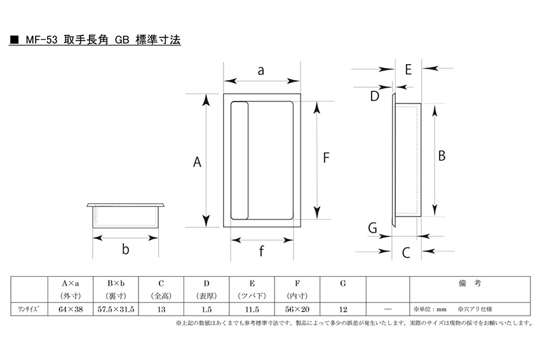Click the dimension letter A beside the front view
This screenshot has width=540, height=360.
point(197,162)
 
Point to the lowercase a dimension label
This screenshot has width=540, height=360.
point(261,70)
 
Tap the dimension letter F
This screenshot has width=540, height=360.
point(326,157)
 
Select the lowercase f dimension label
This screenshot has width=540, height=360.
point(261,251)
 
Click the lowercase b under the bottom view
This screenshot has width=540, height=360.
point(126,248)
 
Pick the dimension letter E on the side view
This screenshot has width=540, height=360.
point(408,69)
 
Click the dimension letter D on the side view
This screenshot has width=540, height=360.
point(375,96)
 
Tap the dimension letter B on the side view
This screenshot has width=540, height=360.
point(442,156)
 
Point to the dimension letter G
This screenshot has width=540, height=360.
point(373,228)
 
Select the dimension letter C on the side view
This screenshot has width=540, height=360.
point(406,253)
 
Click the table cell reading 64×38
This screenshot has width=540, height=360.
point(71,309)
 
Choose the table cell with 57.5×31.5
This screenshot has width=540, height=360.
point(116,309)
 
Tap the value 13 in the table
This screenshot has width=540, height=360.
point(161,309)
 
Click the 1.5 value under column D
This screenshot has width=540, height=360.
point(206,309)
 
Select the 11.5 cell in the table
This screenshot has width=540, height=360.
point(252,309)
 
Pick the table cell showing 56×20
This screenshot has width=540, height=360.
point(297,309)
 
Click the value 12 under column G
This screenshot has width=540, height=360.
point(343,309)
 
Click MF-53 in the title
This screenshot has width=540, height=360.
point(41,40)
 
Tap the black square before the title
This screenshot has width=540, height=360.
point(14,40)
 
